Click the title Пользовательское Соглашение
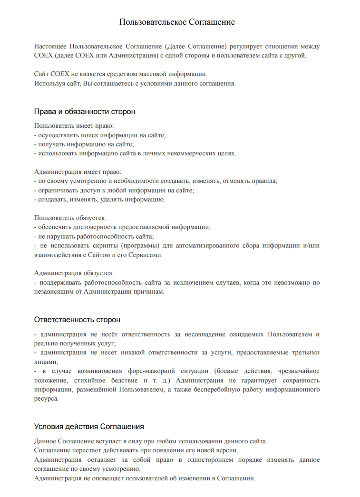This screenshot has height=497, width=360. tap(177, 22)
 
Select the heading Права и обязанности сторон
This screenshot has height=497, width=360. tap(85, 112)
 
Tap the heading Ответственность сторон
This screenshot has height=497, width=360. tap(77, 319)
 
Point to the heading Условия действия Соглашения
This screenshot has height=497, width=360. tap(89, 426)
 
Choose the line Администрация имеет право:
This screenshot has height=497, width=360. tap(78, 172)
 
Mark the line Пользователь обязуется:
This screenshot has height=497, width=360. tap(70, 218)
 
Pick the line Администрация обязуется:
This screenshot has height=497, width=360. tap(74, 273)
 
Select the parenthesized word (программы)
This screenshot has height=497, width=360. tap(141, 246)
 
